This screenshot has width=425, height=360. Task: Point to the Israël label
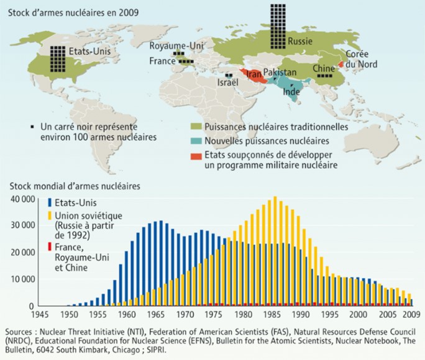[228, 82]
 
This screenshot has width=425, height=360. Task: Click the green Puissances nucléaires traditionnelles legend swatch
[196, 127]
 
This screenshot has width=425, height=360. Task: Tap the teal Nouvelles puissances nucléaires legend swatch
[196, 141]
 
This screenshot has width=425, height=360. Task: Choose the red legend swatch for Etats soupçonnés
[196, 155]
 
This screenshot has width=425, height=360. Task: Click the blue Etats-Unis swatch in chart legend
[50, 202]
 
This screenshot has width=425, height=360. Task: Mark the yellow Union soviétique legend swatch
[50, 215]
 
